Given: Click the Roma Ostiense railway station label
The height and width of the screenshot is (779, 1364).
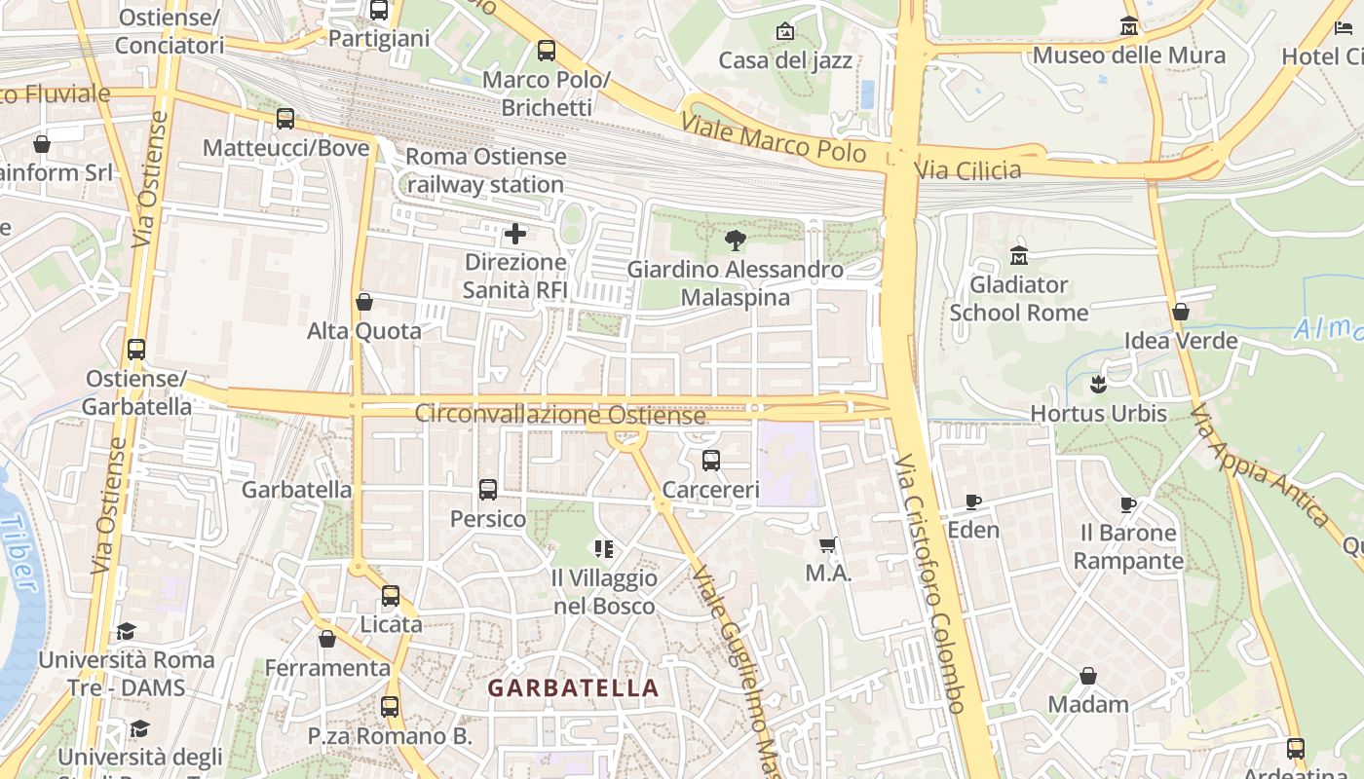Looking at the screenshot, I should (485, 170).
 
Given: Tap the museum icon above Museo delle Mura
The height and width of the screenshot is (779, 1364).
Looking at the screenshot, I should (1128, 26).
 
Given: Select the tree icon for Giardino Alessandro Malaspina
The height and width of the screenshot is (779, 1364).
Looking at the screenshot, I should (736, 240).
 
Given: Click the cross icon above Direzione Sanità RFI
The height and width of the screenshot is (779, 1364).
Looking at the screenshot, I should (515, 234).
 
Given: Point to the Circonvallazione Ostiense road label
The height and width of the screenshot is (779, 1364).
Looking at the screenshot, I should (560, 414).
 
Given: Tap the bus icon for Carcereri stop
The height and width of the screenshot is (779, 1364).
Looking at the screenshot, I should (711, 461).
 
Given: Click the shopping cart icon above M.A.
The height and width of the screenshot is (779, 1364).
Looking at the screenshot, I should (828, 545).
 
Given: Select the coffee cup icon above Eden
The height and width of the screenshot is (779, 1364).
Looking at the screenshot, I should (972, 501).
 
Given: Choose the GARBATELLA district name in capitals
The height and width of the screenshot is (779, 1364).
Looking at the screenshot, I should (573, 687).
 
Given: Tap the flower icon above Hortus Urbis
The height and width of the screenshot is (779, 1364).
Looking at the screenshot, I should (1099, 385).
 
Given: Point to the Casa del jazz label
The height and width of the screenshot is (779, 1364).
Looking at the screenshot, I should (785, 60).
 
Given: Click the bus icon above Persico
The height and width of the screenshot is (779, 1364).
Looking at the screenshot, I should (488, 490).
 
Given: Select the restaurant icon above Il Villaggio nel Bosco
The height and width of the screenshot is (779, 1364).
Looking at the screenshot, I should (604, 549).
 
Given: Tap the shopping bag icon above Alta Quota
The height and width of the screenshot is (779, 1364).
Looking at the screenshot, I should (364, 302).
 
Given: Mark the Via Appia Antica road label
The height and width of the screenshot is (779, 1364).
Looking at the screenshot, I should (1259, 465).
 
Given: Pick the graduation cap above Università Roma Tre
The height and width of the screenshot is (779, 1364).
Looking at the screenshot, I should (126, 631).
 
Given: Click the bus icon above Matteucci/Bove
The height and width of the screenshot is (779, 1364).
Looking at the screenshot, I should (285, 119).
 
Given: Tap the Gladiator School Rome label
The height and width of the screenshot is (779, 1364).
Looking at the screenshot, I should (1018, 299).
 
